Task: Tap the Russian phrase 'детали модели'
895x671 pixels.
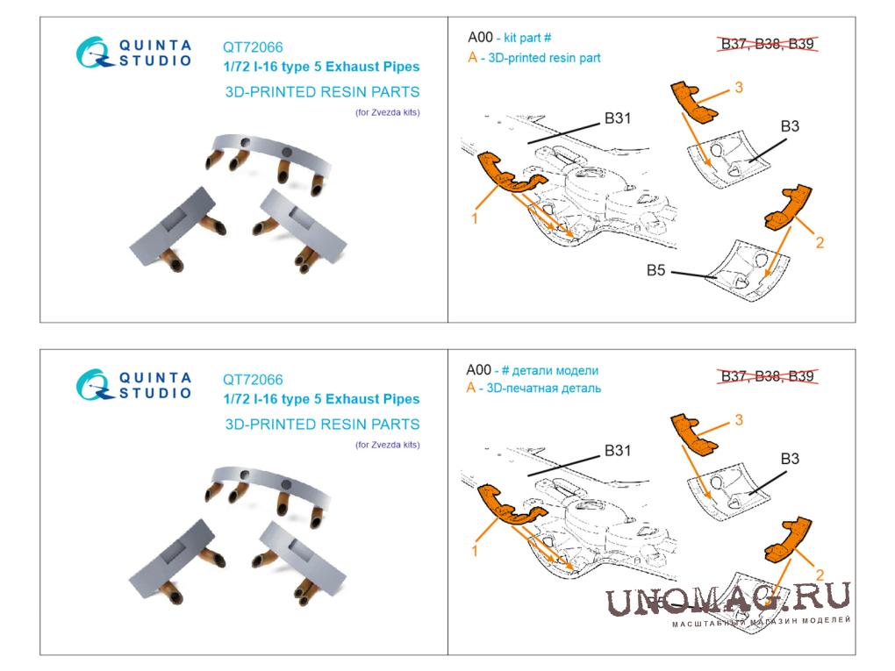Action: [x=555, y=371]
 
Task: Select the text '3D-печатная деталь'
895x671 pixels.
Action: [x=543, y=389]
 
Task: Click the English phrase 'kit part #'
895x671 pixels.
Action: [x=527, y=39]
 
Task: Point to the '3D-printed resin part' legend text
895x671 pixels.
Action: [x=544, y=58]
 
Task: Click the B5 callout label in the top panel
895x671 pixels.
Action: [x=655, y=270]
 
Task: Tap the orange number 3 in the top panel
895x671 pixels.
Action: [x=739, y=88]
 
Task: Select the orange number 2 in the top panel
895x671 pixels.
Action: [x=820, y=243]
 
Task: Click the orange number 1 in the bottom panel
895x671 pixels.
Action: [x=475, y=551]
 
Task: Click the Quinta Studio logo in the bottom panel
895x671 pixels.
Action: [x=133, y=385]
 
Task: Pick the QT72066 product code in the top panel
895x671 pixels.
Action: [x=253, y=47]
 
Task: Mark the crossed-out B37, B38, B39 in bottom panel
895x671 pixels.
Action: [x=767, y=376]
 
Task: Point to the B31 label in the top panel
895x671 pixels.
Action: [x=618, y=118]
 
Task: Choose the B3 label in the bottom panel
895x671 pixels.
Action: [x=790, y=459]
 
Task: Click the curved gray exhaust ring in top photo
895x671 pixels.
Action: [x=272, y=150]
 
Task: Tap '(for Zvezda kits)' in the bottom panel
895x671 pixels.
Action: [x=388, y=445]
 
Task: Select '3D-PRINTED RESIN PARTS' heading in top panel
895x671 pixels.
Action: [x=323, y=92]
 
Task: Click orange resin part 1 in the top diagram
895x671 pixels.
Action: [x=508, y=172]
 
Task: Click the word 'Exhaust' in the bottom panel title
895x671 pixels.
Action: [x=347, y=399]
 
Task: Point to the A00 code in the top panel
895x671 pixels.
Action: [x=480, y=38]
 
